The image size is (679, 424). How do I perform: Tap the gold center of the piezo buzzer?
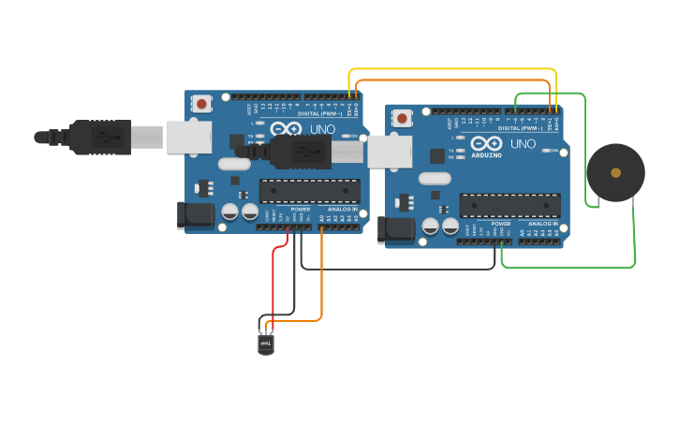pos(615,172)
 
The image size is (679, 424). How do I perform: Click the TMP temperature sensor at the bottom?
pos(266,344)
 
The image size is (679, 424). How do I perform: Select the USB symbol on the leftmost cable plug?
pos(109,138)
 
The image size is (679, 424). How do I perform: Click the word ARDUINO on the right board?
pos(486,154)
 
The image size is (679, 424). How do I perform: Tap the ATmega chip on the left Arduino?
pos(309,191)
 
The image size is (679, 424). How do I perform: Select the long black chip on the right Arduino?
pos(509,206)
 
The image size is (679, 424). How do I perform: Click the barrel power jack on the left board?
pos(196,215)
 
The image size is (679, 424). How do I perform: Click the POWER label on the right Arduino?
pos(501,225)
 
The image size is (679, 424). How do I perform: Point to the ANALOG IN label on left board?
pos(342,209)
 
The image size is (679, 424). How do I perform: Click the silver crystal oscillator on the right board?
pos(435,178)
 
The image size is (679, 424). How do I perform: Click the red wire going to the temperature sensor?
pos(273,281)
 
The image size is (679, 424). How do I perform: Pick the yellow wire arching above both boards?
pos(450,69)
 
